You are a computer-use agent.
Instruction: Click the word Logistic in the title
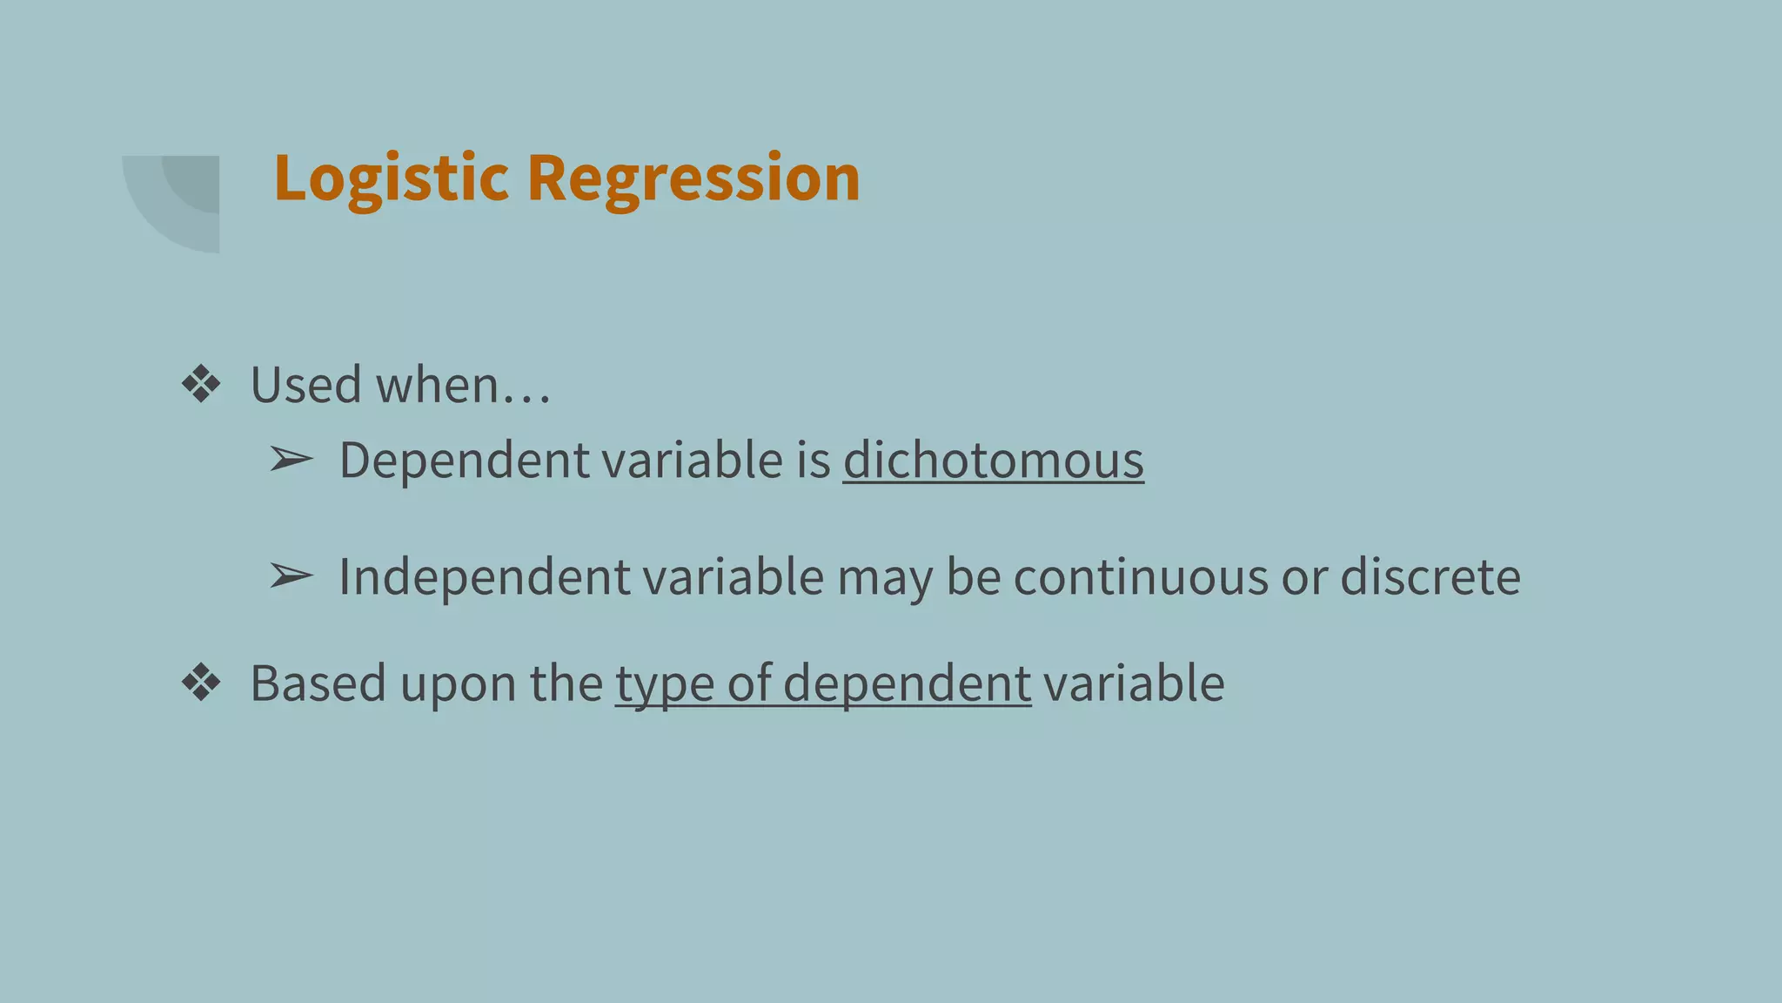(x=391, y=178)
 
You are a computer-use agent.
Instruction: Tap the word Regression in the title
(x=693, y=178)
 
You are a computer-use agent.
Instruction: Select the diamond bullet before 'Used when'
(x=201, y=384)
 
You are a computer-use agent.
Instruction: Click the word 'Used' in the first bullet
(x=305, y=385)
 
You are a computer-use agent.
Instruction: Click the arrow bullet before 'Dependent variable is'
(x=291, y=459)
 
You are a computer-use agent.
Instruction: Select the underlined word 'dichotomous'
(x=993, y=460)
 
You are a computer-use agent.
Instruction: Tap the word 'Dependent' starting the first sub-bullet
(x=464, y=460)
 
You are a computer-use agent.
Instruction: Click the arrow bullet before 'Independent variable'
(x=291, y=576)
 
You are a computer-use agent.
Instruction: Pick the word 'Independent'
(x=484, y=576)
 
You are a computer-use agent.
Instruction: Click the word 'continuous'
(x=1141, y=576)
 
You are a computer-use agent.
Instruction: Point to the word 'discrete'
(x=1430, y=576)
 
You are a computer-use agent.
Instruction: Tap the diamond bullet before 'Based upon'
(x=201, y=683)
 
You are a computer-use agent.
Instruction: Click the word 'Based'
(x=318, y=683)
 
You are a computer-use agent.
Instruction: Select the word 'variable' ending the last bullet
(x=1134, y=683)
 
